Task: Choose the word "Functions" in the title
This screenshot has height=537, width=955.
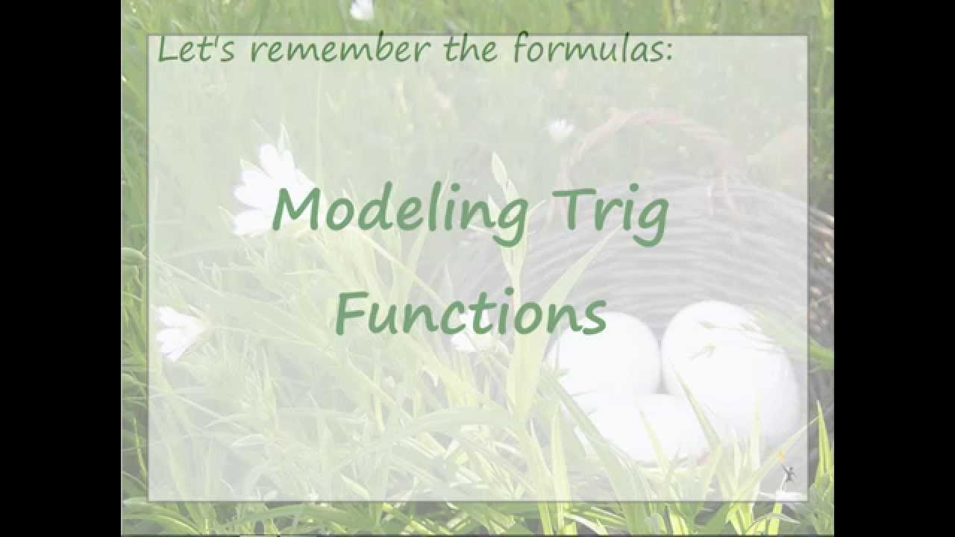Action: (471, 313)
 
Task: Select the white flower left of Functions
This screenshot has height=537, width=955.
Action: (179, 330)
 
